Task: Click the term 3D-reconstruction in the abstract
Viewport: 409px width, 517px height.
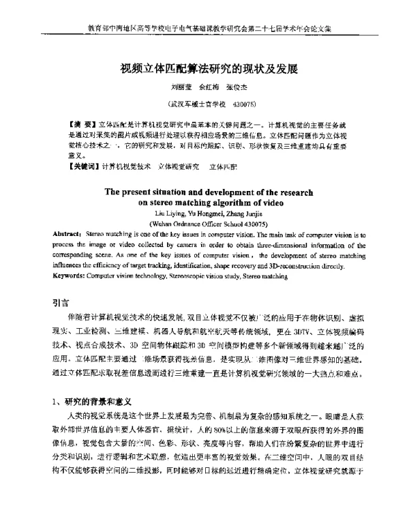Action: click(x=301, y=267)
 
